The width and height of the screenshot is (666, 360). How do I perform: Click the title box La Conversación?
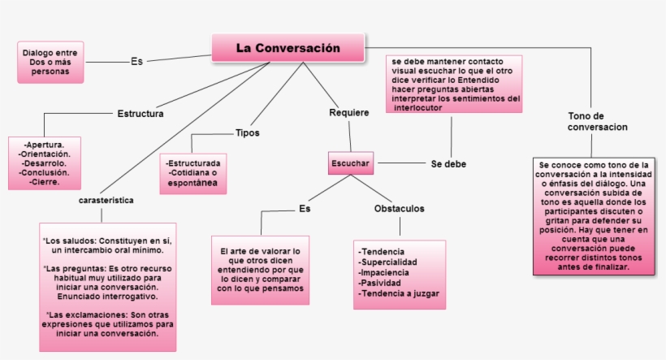[288, 48]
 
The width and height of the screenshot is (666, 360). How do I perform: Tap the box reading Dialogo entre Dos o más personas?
[50, 62]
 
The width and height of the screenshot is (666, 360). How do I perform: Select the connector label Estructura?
[141, 114]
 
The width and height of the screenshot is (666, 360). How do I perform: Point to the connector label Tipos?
[247, 132]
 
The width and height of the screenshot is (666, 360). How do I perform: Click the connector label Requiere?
[349, 113]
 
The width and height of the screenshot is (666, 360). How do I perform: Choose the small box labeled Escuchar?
[350, 164]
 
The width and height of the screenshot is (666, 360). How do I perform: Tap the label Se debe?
[448, 164]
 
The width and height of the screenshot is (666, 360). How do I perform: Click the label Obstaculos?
[399, 209]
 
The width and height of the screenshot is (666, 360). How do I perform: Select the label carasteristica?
[106, 200]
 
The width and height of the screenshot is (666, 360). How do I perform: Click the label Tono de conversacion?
[597, 122]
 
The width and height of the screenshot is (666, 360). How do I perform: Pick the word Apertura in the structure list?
[45, 145]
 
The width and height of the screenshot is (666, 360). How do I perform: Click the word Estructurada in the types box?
[194, 163]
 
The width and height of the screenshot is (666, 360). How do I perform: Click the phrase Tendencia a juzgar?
[397, 293]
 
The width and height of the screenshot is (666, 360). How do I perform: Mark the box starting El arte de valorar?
[261, 270]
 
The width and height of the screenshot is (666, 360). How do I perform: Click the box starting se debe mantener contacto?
[454, 84]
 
